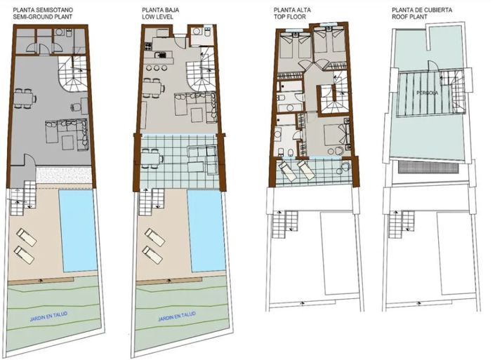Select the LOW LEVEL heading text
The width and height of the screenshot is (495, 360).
tap(157, 17)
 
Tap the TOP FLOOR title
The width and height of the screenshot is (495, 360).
tap(290, 17)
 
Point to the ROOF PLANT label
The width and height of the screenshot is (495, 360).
tap(409, 17)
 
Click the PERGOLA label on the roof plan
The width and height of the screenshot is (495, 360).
tap(427, 93)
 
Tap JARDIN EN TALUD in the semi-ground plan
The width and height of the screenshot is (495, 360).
tap(48, 316)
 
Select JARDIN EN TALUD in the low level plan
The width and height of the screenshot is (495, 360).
tap(177, 316)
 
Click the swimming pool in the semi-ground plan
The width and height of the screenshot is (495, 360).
tap(78, 231)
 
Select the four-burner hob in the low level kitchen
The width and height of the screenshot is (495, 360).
tap(149, 46)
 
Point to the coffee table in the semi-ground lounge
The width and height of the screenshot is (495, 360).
tap(68, 142)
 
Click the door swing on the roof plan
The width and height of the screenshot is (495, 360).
tap(433, 67)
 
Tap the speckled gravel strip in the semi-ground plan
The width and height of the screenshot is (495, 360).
tap(64, 175)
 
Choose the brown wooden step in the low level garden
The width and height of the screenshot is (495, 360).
tap(169, 280)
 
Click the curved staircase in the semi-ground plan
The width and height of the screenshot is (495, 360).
tap(72, 74)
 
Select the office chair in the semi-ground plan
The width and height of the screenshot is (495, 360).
tap(76, 107)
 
